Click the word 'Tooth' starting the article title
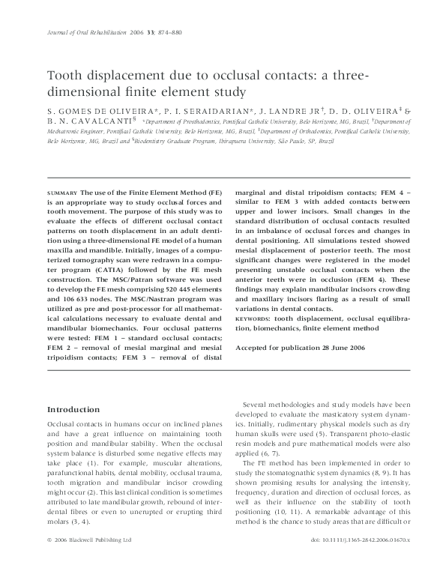65,76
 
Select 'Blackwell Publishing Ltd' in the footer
98,559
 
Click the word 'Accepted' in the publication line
253,348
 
